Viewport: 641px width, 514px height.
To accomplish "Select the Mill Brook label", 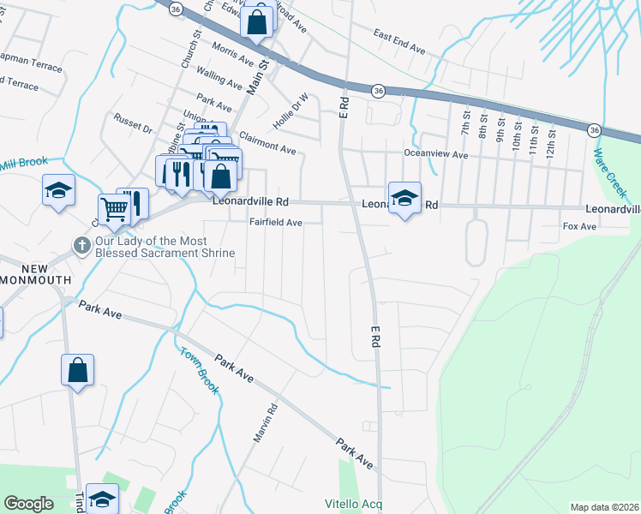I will click(x=21, y=162).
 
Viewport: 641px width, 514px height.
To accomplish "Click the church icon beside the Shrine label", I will click(x=81, y=247).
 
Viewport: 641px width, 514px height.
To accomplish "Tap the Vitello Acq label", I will click(x=353, y=504).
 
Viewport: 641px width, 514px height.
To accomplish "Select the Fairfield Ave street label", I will click(x=276, y=222).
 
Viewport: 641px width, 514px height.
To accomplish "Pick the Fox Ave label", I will click(x=578, y=226).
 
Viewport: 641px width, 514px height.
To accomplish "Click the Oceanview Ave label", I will click(x=436, y=155).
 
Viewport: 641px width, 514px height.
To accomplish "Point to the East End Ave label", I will click(x=399, y=42).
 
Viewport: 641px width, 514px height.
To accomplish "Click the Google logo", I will click(x=29, y=503).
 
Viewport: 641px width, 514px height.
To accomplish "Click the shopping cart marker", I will click(x=113, y=208).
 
